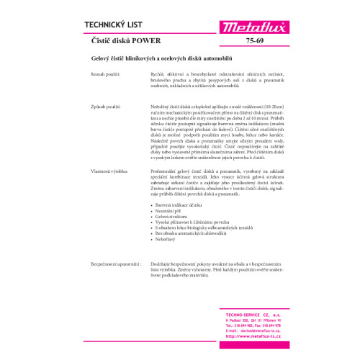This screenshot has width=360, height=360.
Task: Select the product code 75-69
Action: pyautogui.click(x=253, y=42)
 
